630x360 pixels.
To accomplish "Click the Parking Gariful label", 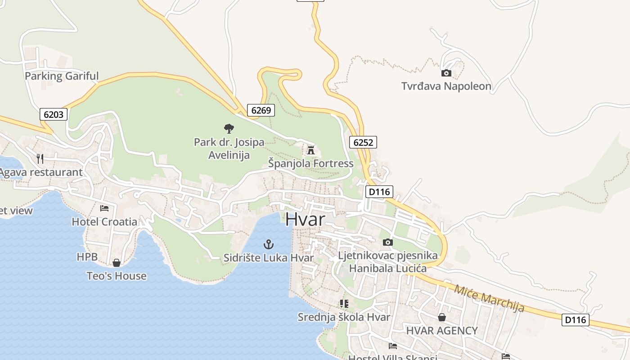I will coord(61,76).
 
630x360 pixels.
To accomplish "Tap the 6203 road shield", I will coord(54,114).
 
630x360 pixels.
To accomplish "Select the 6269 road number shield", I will coord(261,110).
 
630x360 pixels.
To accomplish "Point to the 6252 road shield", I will coord(363,142).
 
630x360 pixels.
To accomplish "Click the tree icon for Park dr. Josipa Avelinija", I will coord(229,129).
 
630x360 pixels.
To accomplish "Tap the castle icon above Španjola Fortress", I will coord(311,150).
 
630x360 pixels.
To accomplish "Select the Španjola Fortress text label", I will coord(311,163).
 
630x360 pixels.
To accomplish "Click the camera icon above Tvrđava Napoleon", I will coord(446,73).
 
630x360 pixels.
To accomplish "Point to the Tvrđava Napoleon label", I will coord(446,86).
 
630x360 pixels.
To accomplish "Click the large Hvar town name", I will coord(305,219).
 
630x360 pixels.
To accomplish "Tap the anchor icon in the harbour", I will coord(269,244).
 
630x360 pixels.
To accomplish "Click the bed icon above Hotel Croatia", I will coord(104,208).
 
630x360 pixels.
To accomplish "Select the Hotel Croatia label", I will coord(104,221).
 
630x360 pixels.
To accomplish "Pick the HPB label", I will coord(87,257).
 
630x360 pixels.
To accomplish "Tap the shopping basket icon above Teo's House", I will coord(117,262).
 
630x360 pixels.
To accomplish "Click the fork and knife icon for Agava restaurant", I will coord(40,158).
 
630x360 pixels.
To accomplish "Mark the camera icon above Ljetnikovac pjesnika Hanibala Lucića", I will coord(387,243).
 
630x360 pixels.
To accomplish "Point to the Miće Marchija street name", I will coord(489,298).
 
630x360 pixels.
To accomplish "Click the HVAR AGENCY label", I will coord(441,331).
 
